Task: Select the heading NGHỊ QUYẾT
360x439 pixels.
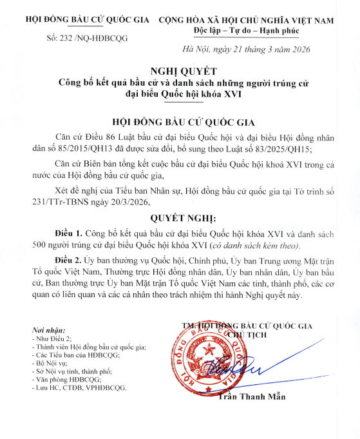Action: click(180, 71)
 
